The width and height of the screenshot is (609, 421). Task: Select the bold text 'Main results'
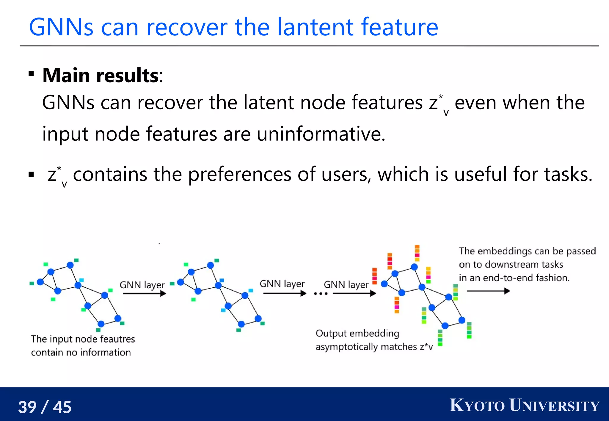[x=101, y=75]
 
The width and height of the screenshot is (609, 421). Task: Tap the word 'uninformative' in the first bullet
[x=321, y=134]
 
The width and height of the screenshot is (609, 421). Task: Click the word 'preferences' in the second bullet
[x=240, y=174]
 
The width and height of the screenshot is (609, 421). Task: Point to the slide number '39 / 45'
[x=45, y=407]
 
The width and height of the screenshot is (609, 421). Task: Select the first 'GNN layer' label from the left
[x=142, y=285]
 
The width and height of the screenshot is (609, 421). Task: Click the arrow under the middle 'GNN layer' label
[x=284, y=294]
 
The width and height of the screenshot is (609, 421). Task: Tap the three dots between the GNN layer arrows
[x=321, y=294]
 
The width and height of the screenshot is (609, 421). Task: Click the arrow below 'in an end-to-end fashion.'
[x=488, y=291]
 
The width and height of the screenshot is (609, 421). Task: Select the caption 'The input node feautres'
[x=83, y=339]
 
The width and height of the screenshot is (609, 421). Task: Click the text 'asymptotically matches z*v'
[x=374, y=347]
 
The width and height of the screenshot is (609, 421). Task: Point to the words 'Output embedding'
[x=357, y=333]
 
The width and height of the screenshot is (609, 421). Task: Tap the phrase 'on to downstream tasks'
[x=511, y=265]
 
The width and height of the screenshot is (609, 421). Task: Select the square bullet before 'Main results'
[x=31, y=73]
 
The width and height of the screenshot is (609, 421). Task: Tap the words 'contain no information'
[x=81, y=352]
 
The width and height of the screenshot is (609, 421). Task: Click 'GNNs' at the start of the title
[x=61, y=27]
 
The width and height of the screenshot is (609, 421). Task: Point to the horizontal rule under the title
[x=309, y=46]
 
